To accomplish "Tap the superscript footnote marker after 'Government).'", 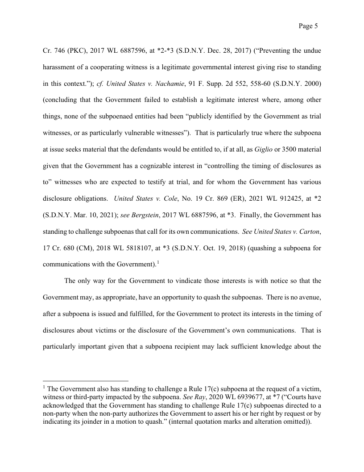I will [x=158, y=262].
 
